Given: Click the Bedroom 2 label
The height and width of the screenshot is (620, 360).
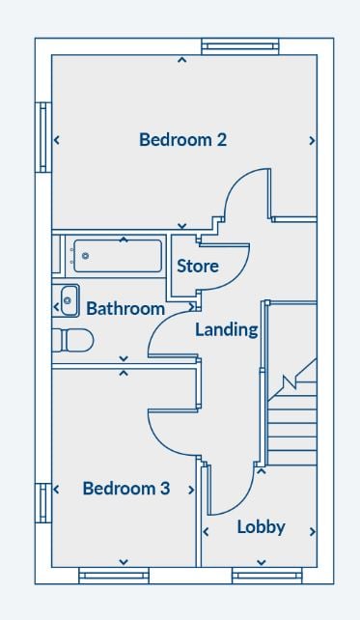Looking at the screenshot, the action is pyautogui.click(x=183, y=140).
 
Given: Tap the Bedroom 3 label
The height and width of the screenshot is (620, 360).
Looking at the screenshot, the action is pyautogui.click(x=126, y=489).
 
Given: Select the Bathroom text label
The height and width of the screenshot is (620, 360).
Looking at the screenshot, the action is pyautogui.click(x=125, y=308).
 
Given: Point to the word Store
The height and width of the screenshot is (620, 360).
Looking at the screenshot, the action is pyautogui.click(x=198, y=267).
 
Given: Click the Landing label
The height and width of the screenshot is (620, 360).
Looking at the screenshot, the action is pyautogui.click(x=227, y=329).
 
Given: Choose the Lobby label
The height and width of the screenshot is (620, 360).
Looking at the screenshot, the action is pyautogui.click(x=261, y=527).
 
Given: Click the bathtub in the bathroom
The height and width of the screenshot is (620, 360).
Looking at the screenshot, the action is pyautogui.click(x=118, y=256).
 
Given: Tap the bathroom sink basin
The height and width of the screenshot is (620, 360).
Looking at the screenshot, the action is pyautogui.click(x=69, y=301).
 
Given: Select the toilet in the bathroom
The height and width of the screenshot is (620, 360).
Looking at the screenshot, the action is pyautogui.click(x=73, y=340).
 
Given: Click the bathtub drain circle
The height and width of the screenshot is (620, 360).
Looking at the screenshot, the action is pyautogui.click(x=85, y=256).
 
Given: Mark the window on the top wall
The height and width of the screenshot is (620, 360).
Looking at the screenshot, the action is pyautogui.click(x=240, y=46).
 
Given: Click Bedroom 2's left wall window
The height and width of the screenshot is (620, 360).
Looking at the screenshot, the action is pyautogui.click(x=43, y=137).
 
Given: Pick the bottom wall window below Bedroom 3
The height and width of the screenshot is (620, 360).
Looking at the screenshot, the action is pyautogui.click(x=114, y=576).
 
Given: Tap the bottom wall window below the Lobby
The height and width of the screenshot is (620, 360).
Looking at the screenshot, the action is pyautogui.click(x=267, y=576).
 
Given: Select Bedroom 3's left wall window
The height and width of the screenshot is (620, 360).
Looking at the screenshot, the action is pyautogui.click(x=43, y=503).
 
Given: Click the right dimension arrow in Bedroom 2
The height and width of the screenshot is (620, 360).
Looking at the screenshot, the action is pyautogui.click(x=312, y=140).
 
